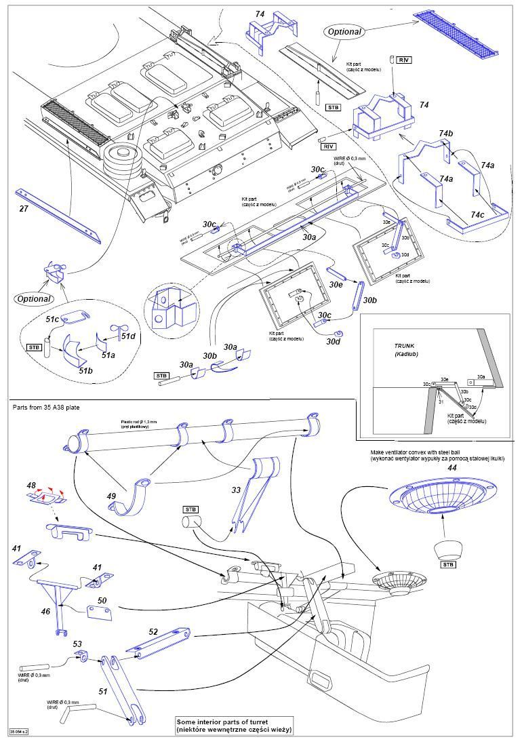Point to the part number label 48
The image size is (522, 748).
click(31, 485)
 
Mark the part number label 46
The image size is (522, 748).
click(46, 611)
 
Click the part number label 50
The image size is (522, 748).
click(102, 601)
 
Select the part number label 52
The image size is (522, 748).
click(154, 631)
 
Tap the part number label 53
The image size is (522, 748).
click(77, 644)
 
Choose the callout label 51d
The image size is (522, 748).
click(128, 335)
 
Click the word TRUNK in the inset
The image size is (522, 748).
click(404, 346)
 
